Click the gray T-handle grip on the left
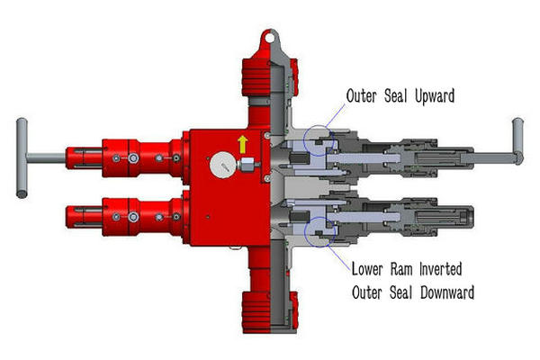point(19,155)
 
